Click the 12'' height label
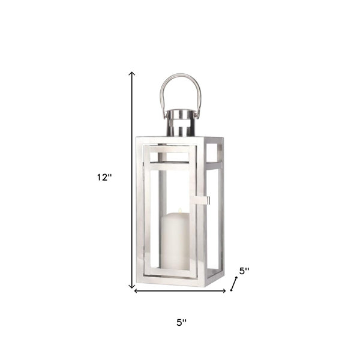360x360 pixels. (x=104, y=177)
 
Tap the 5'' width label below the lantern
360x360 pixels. (x=181, y=323)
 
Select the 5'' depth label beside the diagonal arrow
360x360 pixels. (x=244, y=271)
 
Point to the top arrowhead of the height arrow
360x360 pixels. (x=131, y=73)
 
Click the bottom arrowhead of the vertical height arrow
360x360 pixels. (x=131, y=286)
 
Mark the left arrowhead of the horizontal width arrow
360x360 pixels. (x=136, y=291)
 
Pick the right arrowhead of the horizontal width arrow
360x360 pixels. (x=224, y=291)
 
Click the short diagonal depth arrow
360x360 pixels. (x=234, y=284)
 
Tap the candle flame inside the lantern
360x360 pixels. (x=180, y=210)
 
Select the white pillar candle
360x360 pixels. (x=175, y=241)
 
